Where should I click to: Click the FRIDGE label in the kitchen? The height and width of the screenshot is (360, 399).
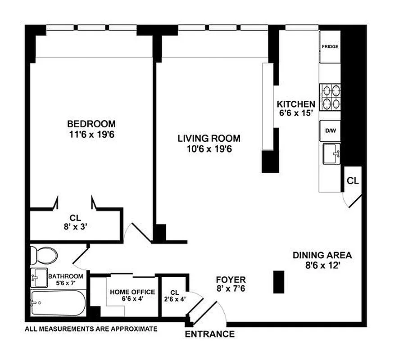pyautogui.click(x=330, y=46)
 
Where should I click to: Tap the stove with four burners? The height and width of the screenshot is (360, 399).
pyautogui.click(x=330, y=97)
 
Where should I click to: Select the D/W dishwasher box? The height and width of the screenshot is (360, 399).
pyautogui.click(x=330, y=131)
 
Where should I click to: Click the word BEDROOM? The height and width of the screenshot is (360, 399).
pyautogui.click(x=91, y=124)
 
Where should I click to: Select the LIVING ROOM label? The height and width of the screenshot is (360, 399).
pyautogui.click(x=209, y=138)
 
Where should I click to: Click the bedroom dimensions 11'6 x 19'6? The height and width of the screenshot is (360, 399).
pyautogui.click(x=91, y=134)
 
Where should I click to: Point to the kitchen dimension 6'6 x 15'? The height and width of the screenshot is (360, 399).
pyautogui.click(x=296, y=113)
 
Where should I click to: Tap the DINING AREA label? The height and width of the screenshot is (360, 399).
pyautogui.click(x=322, y=255)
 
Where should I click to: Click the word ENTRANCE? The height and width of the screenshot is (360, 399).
pyautogui.click(x=210, y=334)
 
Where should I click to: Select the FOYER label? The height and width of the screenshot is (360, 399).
pyautogui.click(x=231, y=279)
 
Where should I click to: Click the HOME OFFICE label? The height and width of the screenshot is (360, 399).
pyautogui.click(x=132, y=292)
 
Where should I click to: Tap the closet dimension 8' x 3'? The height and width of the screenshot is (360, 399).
pyautogui.click(x=75, y=227)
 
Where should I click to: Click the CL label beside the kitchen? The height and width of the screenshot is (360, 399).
pyautogui.click(x=353, y=181)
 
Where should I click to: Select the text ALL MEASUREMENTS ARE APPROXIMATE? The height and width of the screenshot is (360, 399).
pyautogui.click(x=91, y=329)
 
